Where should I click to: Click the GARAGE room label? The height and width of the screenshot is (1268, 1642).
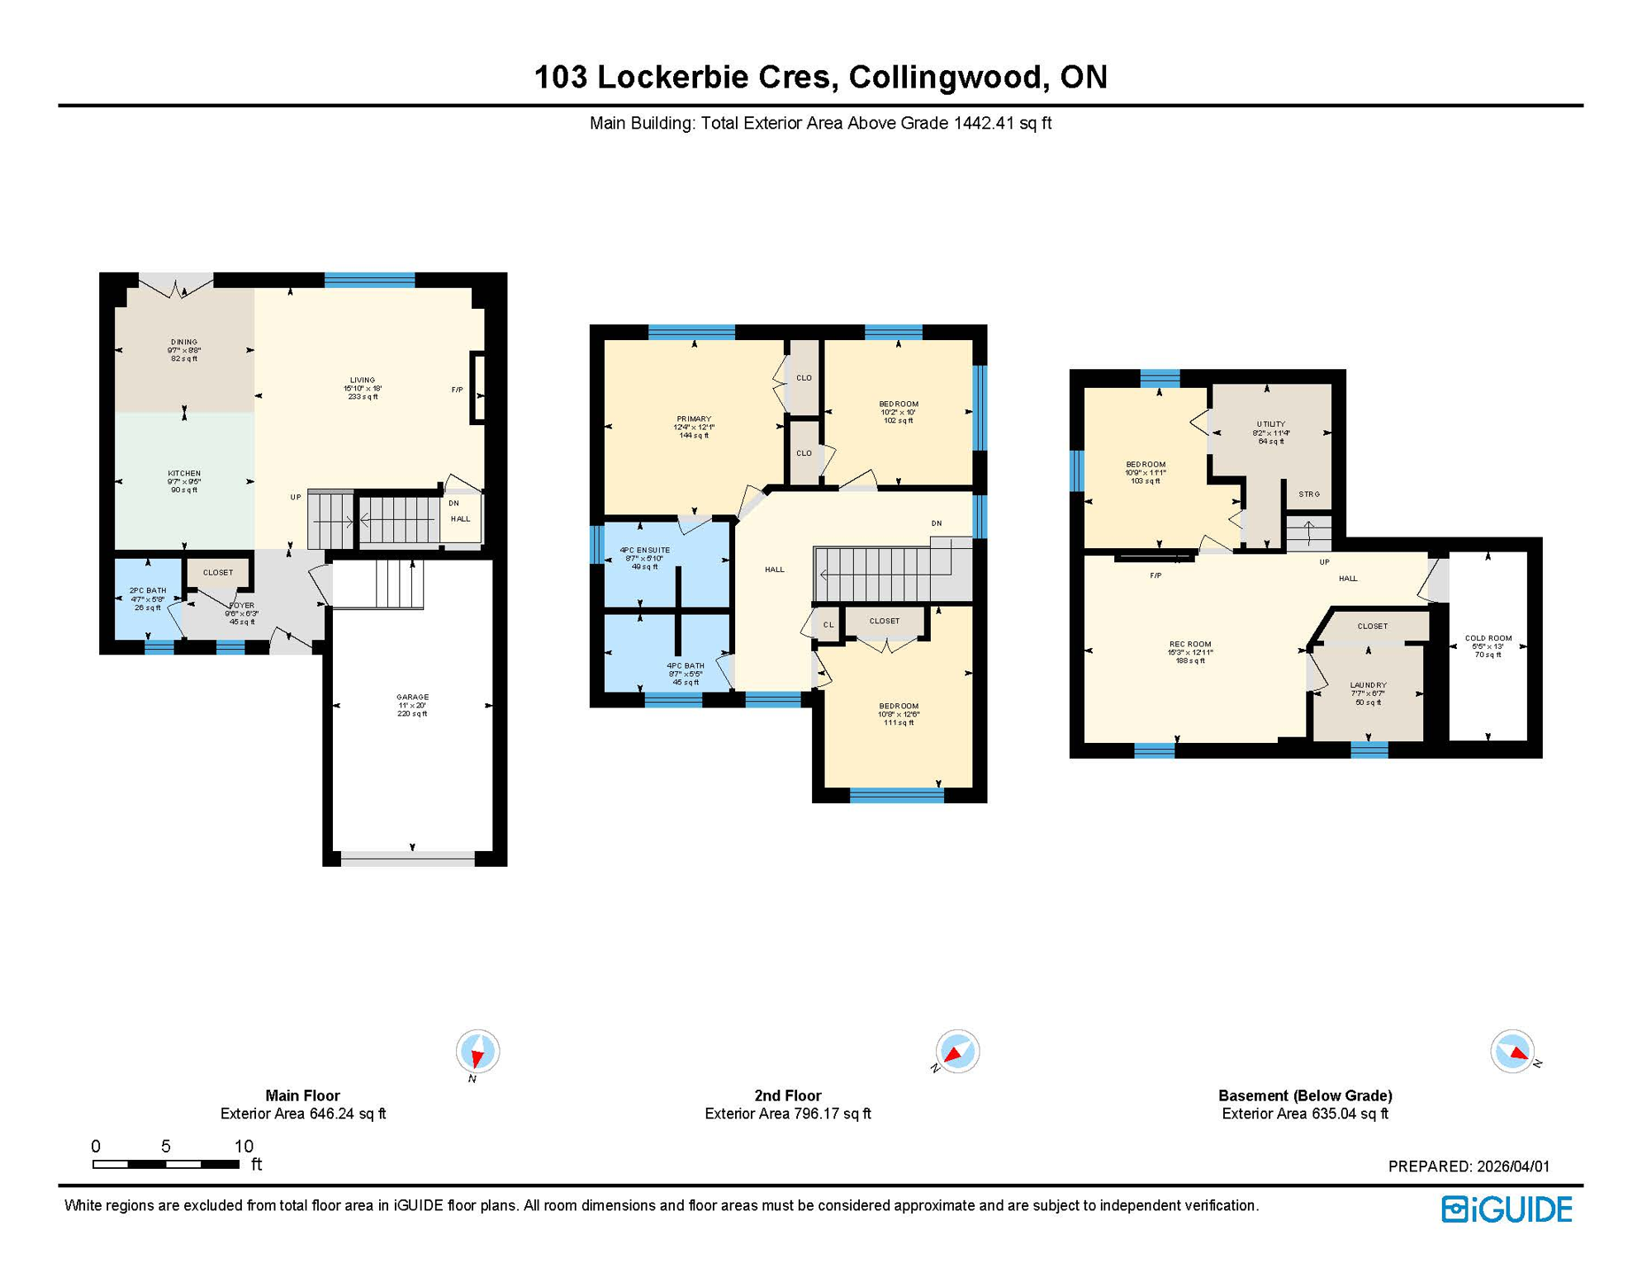(x=412, y=697)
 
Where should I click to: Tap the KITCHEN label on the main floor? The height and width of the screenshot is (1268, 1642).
(x=184, y=473)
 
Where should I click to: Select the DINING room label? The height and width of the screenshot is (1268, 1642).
(x=184, y=342)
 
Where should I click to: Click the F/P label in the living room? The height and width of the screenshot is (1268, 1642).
(x=457, y=390)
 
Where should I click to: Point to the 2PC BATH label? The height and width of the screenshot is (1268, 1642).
(x=148, y=590)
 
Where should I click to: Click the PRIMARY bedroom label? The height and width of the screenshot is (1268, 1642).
(x=694, y=419)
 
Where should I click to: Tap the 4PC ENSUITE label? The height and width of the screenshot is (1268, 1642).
(x=645, y=550)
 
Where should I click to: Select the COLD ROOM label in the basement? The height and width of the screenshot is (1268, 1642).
(x=1488, y=638)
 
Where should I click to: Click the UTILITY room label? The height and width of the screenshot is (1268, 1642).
(x=1270, y=424)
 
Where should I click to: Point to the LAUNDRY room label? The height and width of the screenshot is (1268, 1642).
(x=1368, y=685)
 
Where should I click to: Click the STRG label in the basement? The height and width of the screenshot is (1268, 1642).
(x=1309, y=494)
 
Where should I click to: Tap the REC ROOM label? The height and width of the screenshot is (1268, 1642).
(x=1190, y=644)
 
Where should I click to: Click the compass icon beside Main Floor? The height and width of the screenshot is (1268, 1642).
(x=477, y=1052)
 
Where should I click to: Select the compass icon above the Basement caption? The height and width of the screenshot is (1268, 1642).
(x=1512, y=1052)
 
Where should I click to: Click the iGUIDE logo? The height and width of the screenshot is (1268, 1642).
(x=1507, y=1209)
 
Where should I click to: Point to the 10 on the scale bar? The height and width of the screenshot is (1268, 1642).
(x=244, y=1146)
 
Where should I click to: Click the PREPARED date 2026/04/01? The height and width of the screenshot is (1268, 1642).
(x=1513, y=1166)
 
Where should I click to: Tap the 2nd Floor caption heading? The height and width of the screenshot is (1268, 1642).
(x=787, y=1095)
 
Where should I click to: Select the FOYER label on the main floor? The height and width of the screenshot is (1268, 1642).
(x=242, y=606)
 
